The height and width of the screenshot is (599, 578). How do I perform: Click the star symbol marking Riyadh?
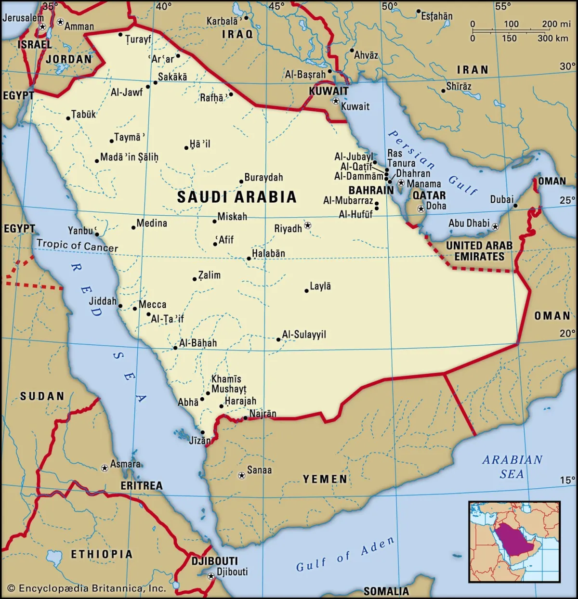tap(308, 225)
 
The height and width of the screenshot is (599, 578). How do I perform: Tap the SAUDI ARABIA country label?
tap(236, 197)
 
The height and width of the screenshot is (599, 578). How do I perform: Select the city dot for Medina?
tap(133, 227)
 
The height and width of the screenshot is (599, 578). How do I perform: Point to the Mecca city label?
tap(152, 305)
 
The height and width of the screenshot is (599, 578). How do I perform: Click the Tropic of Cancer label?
tap(77, 246)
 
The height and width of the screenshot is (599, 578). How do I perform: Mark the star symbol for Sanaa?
tap(242, 475)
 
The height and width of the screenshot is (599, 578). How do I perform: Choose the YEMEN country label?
tap(325, 479)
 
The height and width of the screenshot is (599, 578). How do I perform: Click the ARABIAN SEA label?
tap(512, 467)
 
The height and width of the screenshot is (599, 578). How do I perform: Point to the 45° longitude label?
tap(276, 6)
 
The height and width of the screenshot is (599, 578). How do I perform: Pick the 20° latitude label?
tap(567, 333)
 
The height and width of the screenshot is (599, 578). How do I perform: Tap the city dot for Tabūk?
tap(68, 118)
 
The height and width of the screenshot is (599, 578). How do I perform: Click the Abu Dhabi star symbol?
tap(495, 226)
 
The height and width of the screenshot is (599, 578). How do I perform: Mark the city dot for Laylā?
tap(306, 291)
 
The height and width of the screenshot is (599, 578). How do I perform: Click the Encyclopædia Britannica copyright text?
tap(87, 588)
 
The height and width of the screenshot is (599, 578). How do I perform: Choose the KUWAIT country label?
tap(328, 91)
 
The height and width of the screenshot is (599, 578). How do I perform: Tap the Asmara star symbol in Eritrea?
tap(105, 468)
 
